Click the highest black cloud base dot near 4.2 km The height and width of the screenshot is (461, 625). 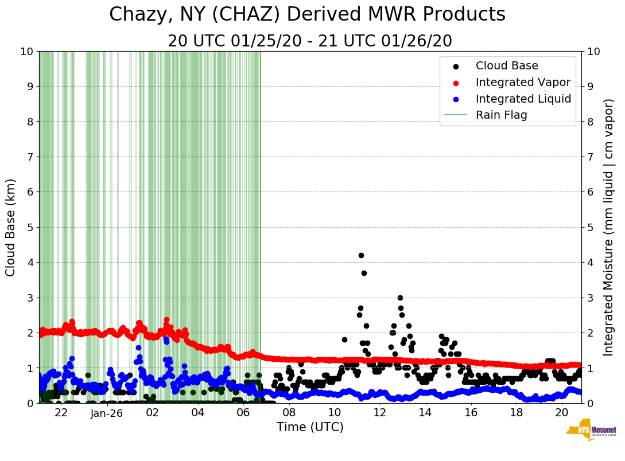tap(361, 255)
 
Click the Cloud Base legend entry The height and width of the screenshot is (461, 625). tap(507, 66)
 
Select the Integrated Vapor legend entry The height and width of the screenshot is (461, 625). tap(523, 82)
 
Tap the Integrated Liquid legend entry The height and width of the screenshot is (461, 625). tap(523, 99)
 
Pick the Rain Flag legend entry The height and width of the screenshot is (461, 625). tap(501, 115)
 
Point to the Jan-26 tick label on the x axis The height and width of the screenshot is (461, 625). tap(107, 413)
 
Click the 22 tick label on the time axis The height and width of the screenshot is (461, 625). tap(61, 413)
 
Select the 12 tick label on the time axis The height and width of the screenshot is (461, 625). tap(379, 413)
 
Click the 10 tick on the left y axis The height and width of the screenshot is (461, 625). tap(26, 51)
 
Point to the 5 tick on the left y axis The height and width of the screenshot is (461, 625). tap(29, 227)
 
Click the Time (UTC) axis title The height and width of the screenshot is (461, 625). tap(310, 427)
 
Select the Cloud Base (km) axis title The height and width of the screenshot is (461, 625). tap(11, 227)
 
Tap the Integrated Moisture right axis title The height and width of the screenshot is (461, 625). tap(609, 227)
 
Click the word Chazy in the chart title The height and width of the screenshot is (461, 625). tap(136, 14)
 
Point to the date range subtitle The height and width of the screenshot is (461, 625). tap(310, 41)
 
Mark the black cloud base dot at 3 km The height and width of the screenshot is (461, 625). tap(400, 298)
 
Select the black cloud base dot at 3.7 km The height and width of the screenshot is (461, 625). tap(364, 273)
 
